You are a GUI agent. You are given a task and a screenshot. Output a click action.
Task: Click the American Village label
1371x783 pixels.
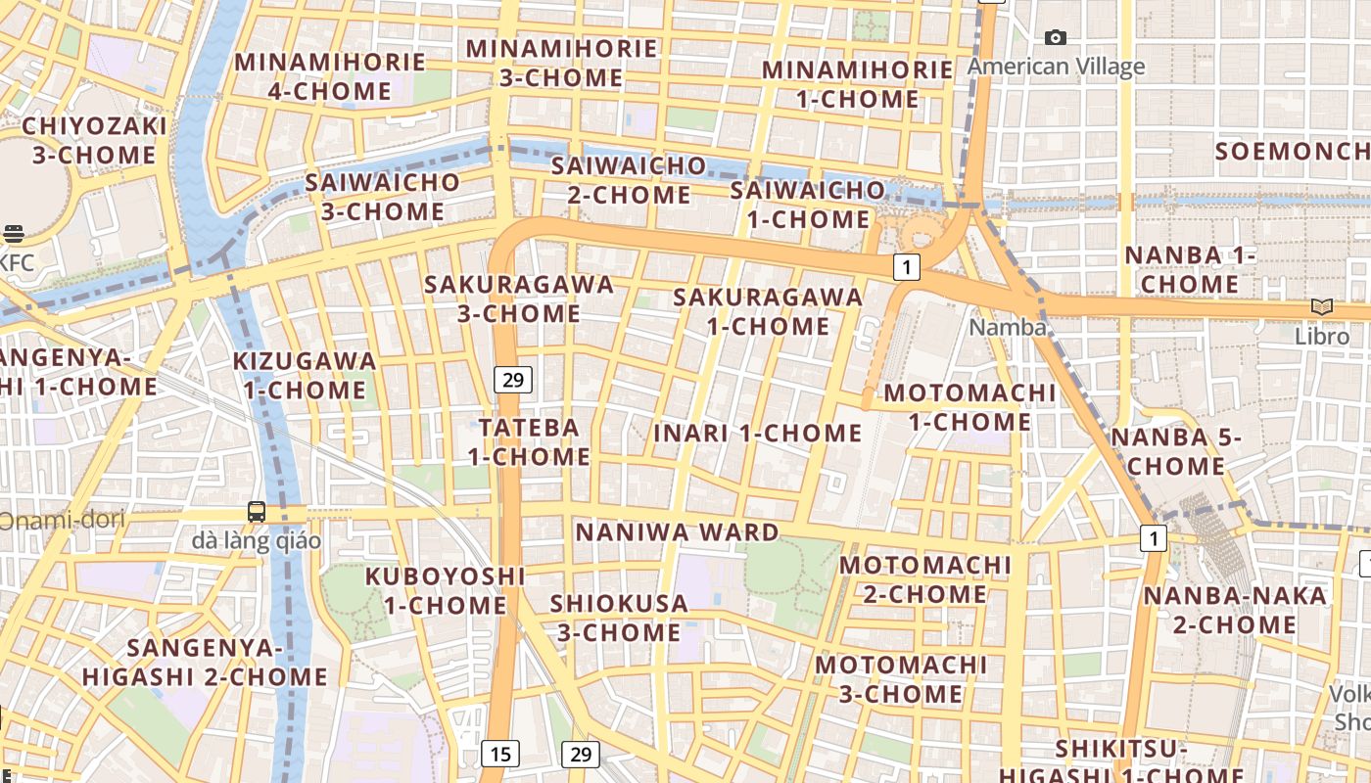click(1056, 67)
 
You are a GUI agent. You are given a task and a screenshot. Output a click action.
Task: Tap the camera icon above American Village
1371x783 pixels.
click(1055, 38)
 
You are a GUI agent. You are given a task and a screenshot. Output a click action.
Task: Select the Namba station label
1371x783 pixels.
click(1008, 327)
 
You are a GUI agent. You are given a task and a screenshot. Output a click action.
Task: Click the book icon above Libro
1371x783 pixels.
click(1322, 307)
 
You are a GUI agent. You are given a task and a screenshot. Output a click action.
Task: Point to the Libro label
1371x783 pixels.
click(1322, 336)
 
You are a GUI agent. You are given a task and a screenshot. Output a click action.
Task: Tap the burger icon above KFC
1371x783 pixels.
click(13, 233)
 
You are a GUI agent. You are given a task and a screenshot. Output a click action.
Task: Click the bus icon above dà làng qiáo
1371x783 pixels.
click(257, 511)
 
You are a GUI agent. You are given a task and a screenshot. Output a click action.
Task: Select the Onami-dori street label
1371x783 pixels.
click(62, 520)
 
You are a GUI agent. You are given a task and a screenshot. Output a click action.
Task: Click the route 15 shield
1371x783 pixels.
click(500, 753)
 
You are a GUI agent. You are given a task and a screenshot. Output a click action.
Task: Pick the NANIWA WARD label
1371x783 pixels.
click(677, 532)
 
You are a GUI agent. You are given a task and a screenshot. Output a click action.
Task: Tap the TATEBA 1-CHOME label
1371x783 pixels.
click(529, 441)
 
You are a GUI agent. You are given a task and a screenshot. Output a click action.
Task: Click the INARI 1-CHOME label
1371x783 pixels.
click(758, 433)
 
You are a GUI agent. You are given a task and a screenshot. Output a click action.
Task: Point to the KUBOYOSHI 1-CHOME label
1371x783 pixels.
click(445, 590)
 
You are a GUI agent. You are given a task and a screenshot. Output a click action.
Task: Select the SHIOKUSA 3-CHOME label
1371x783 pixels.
click(619, 618)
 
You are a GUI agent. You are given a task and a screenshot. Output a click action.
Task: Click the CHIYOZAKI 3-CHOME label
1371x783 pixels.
click(94, 140)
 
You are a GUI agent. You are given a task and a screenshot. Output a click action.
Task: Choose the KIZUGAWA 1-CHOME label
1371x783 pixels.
click(305, 375)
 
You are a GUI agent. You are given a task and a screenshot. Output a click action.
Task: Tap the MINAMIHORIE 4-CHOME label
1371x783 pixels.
click(330, 76)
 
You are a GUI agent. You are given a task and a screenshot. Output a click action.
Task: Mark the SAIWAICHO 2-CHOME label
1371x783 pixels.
click(629, 179)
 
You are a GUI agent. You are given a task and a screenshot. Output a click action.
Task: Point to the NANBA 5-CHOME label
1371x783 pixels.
click(1175, 451)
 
